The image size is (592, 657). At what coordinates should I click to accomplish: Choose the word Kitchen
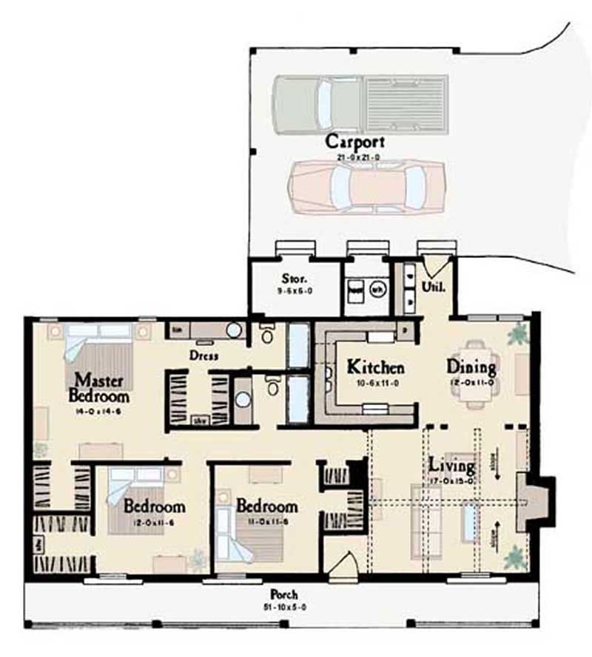click(376, 367)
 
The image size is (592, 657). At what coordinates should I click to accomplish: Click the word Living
click(452, 466)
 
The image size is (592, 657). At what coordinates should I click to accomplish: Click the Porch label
click(284, 595)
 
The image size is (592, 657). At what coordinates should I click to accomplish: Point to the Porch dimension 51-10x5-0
click(284, 607)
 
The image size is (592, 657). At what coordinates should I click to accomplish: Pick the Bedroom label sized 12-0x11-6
click(154, 507)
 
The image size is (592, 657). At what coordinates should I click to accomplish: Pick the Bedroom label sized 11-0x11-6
click(266, 507)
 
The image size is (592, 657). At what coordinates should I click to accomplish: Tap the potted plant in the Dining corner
click(517, 333)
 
